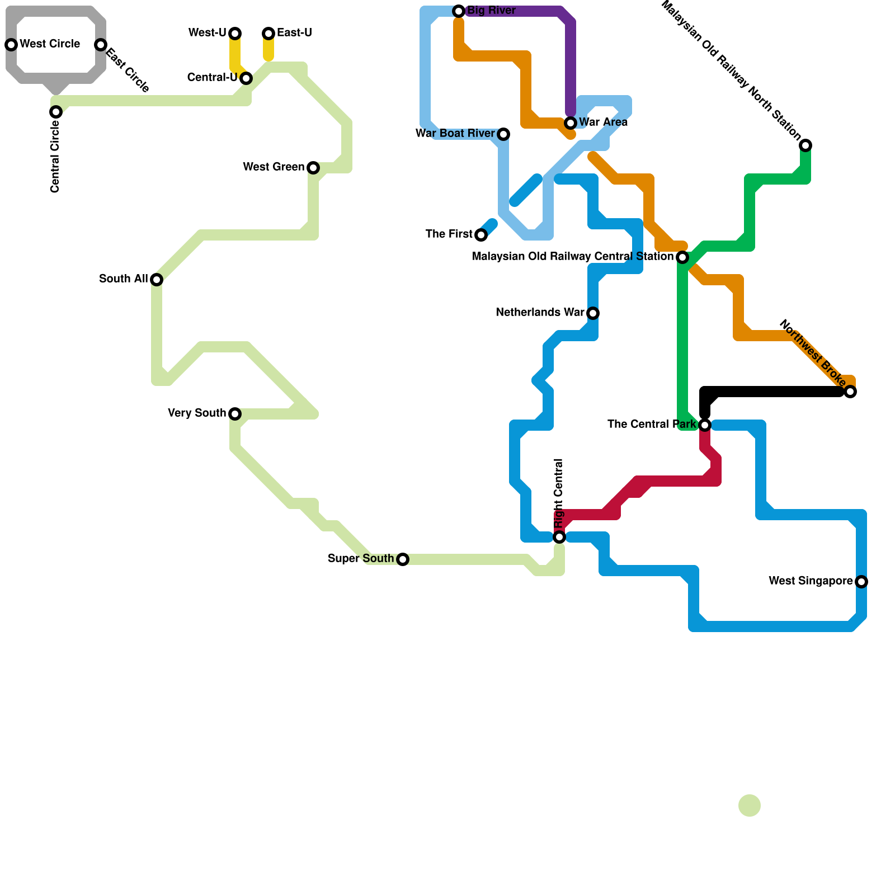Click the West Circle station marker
pos(11,45)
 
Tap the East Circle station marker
pos(101,45)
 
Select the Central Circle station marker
pos(56,112)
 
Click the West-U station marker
pos(235,34)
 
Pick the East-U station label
pos(294,33)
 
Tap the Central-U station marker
pos(246,78)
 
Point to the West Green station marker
pos(313,168)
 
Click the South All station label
pos(124,279)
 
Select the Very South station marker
pos(235,414)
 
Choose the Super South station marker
pos(403,559)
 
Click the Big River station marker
pos(459,11)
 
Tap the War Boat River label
pos(455,134)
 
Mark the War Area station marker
pos(571,123)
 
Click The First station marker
pos(481,235)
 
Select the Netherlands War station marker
pos(593,313)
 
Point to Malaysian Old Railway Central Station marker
pos(682,257)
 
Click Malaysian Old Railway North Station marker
pos(805,145)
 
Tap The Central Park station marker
pos(705,425)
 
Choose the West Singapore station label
pos(811,581)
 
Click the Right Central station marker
pos(559,537)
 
